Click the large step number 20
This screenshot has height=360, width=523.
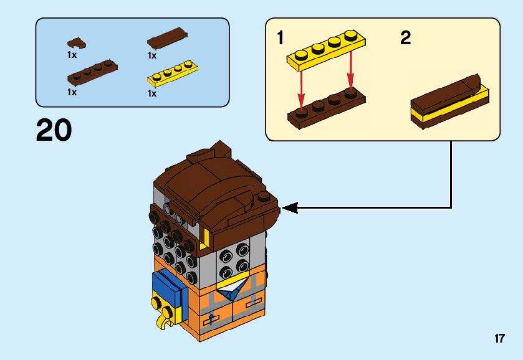click(x=54, y=130)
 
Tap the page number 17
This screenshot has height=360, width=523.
click(x=499, y=339)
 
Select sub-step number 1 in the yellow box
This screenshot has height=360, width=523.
click(x=281, y=39)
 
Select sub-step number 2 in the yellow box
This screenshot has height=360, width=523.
click(x=406, y=39)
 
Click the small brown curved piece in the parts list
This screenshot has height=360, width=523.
click(x=77, y=43)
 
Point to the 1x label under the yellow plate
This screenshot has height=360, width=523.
click(x=151, y=93)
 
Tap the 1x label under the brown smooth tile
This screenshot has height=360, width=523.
click(x=151, y=55)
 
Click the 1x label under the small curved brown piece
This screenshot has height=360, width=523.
click(x=72, y=55)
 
